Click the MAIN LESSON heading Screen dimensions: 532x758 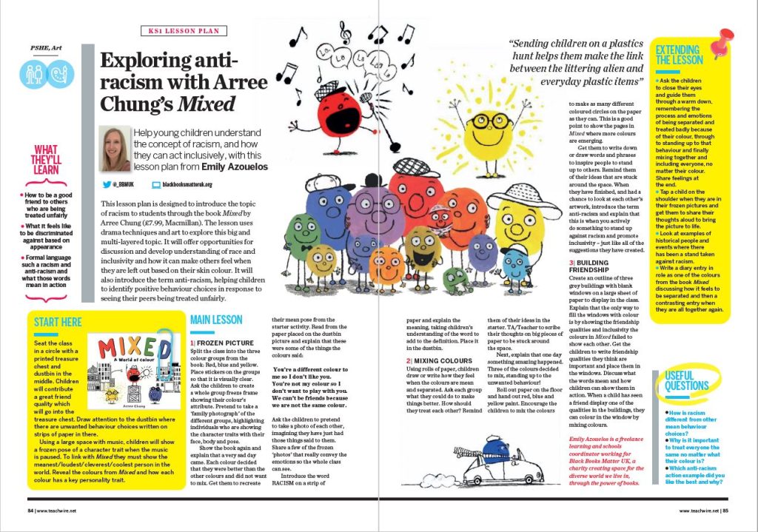pyautogui.click(x=215, y=320)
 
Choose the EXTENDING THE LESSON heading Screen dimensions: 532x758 pyautogui.click(x=679, y=54)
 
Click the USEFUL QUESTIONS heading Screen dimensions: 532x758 pyautogui.click(x=686, y=380)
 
